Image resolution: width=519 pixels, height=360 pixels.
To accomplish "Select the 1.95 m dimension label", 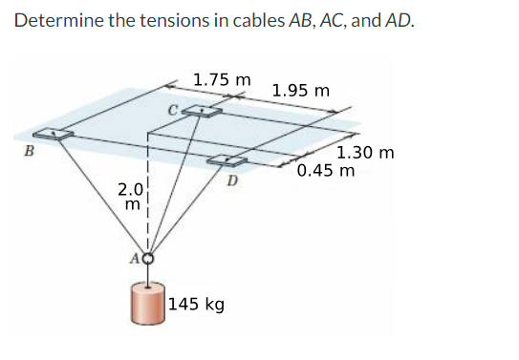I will (301, 92).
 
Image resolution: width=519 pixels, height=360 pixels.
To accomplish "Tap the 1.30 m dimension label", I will (365, 153).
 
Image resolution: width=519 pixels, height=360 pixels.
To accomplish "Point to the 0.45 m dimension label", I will (326, 172).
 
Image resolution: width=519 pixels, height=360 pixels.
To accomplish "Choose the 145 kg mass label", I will (197, 305).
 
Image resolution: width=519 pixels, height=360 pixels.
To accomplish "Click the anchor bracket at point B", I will (55, 135).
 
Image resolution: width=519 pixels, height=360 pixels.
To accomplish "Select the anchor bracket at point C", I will (203, 112).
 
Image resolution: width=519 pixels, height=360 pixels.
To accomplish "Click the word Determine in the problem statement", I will (56, 20).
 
